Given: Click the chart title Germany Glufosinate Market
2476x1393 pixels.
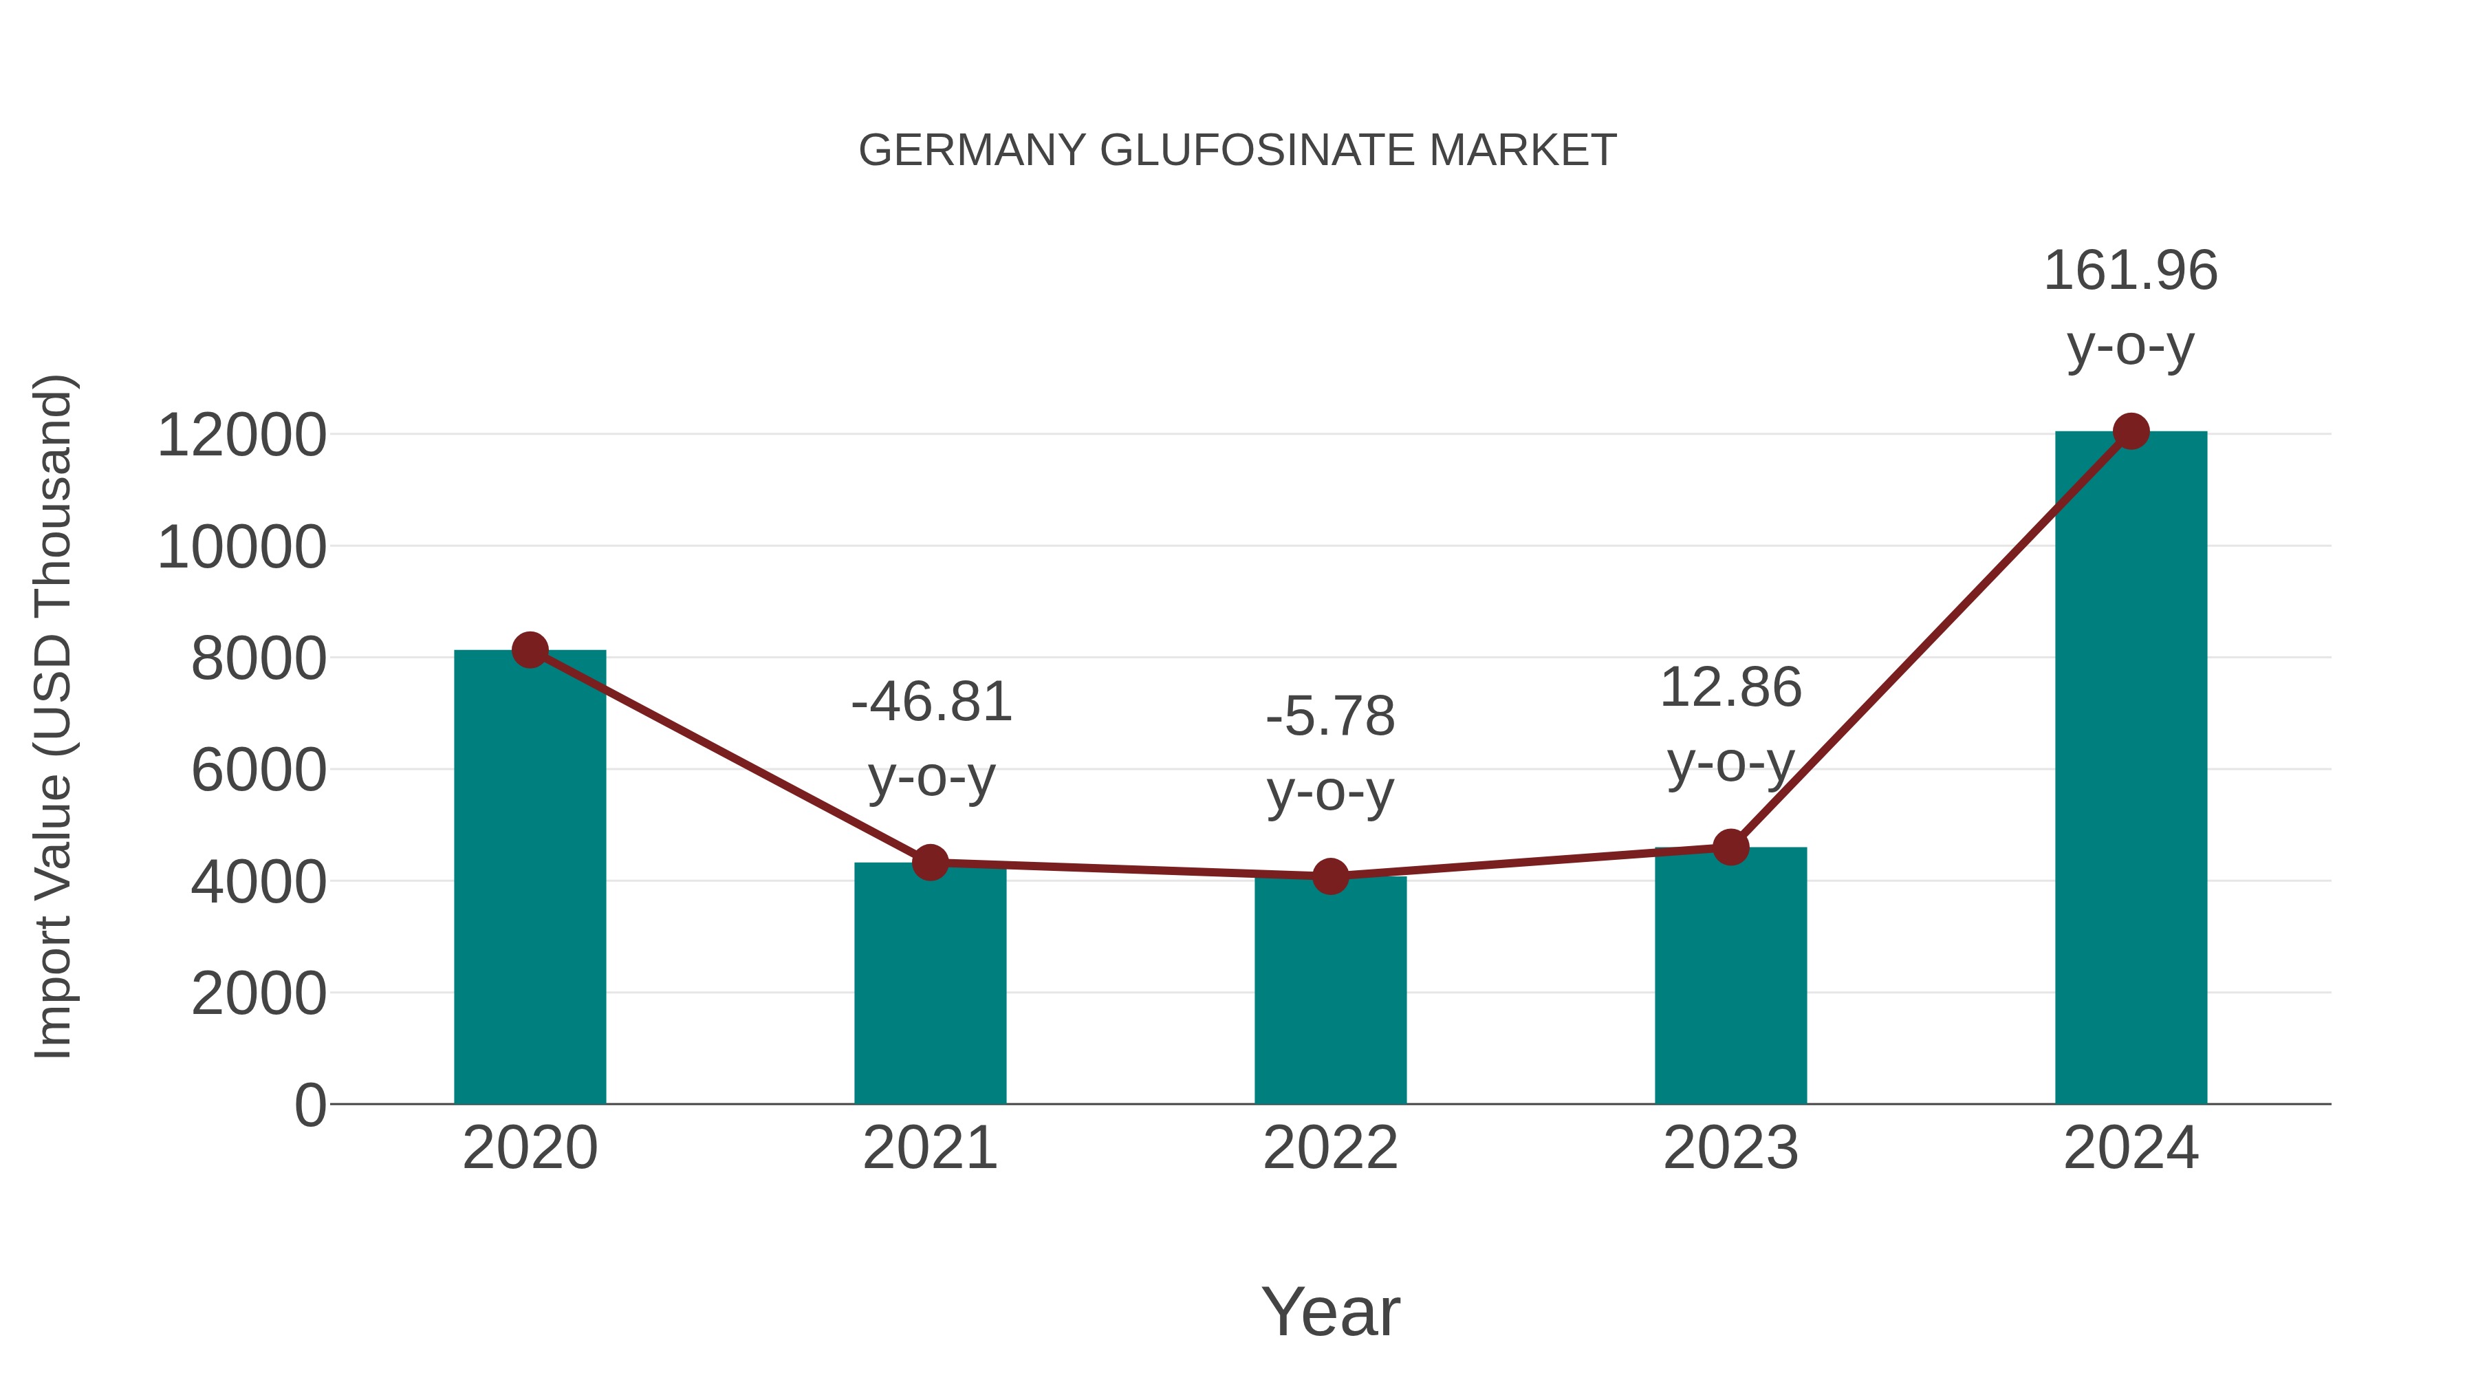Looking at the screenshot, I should (x=1237, y=151).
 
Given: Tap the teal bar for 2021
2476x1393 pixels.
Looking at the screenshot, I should (x=929, y=990).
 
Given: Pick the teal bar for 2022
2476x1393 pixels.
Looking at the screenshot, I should (x=1330, y=1000).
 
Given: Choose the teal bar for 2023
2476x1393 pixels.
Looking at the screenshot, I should (x=1730, y=980).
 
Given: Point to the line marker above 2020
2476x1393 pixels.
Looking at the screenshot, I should (x=530, y=650).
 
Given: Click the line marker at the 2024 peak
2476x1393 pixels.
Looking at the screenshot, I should (x=2131, y=431).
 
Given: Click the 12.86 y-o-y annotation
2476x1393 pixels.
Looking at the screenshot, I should (x=1730, y=725).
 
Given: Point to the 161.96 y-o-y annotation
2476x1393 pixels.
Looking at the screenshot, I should (x=2131, y=307).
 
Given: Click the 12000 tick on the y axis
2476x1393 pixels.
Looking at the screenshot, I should (x=241, y=435).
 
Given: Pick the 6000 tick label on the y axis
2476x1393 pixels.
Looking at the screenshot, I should (x=259, y=770).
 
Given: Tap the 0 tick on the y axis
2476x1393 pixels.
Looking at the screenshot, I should (x=309, y=1105).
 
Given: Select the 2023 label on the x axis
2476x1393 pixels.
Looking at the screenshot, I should (x=1730, y=1148).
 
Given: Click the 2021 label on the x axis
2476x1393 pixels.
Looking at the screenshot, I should (x=929, y=1148).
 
